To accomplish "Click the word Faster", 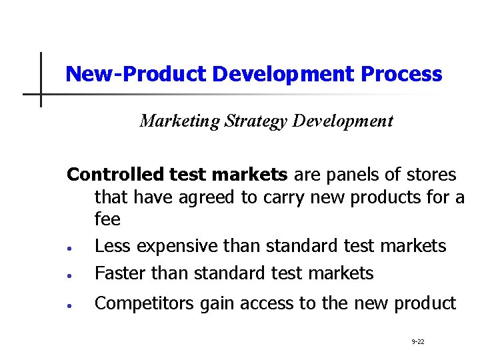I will pyautogui.click(x=121, y=273).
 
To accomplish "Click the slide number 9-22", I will pyautogui.click(x=418, y=342).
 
